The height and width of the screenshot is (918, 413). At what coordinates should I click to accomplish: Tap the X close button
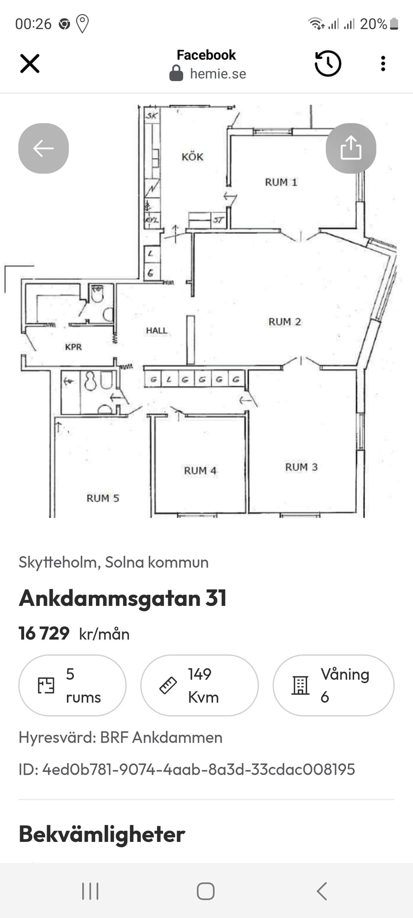30,64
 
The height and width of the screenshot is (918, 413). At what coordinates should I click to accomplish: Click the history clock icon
328,64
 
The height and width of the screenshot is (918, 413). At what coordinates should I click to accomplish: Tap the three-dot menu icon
383,64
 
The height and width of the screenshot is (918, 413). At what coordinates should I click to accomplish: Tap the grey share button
350,148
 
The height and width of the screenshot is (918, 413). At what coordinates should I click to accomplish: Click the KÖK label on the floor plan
192,157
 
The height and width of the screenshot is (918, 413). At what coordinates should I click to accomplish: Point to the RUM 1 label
281,182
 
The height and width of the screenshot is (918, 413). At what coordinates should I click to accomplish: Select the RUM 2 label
285,322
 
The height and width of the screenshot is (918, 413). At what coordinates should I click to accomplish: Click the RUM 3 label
301,467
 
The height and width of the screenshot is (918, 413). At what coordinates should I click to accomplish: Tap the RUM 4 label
200,471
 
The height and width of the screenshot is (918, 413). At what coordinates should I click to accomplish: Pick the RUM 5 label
103,498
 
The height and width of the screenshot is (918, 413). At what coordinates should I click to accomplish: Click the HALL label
156,331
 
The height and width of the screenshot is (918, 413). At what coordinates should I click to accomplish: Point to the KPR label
73,347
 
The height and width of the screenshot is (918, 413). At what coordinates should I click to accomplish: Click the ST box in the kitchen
218,220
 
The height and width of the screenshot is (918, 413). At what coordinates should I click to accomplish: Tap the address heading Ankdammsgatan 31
123,598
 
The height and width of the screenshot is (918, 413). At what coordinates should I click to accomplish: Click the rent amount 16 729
44,633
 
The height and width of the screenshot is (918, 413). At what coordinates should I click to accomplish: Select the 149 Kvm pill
199,685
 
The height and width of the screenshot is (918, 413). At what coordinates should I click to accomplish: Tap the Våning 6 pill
333,685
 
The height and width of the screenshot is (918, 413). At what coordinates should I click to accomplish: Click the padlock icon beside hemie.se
176,73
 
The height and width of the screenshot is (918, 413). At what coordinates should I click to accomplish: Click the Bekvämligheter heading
102,834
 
